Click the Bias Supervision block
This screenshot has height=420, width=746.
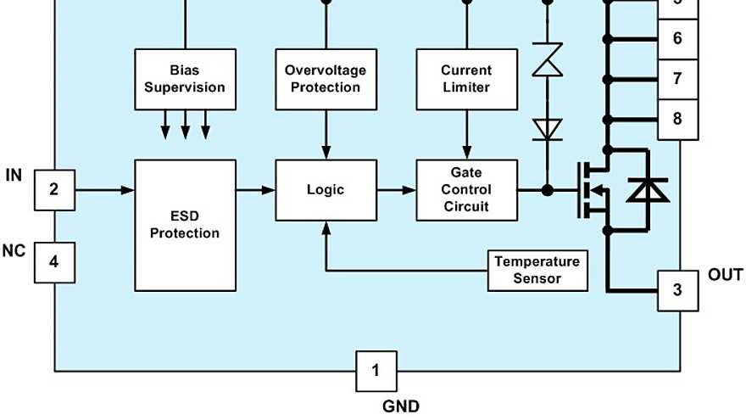click(185, 79)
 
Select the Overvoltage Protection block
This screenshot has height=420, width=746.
click(326, 79)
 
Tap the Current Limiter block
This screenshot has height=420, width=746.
click(466, 79)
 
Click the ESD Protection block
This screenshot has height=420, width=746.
click(185, 225)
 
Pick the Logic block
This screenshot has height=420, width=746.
click(326, 190)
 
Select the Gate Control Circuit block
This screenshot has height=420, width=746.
click(466, 190)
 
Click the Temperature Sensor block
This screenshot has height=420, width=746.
click(537, 270)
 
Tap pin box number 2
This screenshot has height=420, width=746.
click(54, 189)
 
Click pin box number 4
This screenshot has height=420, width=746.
click(54, 262)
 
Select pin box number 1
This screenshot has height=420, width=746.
click(376, 370)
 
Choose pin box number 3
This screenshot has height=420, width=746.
click(677, 290)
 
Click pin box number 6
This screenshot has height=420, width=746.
click(677, 39)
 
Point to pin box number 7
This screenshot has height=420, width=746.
click(677, 79)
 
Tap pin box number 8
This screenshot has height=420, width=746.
click(677, 119)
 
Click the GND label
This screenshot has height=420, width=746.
click(400, 406)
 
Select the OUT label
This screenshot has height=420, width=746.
click(725, 275)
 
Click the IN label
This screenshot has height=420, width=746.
click(14, 176)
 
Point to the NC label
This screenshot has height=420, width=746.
click(14, 251)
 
